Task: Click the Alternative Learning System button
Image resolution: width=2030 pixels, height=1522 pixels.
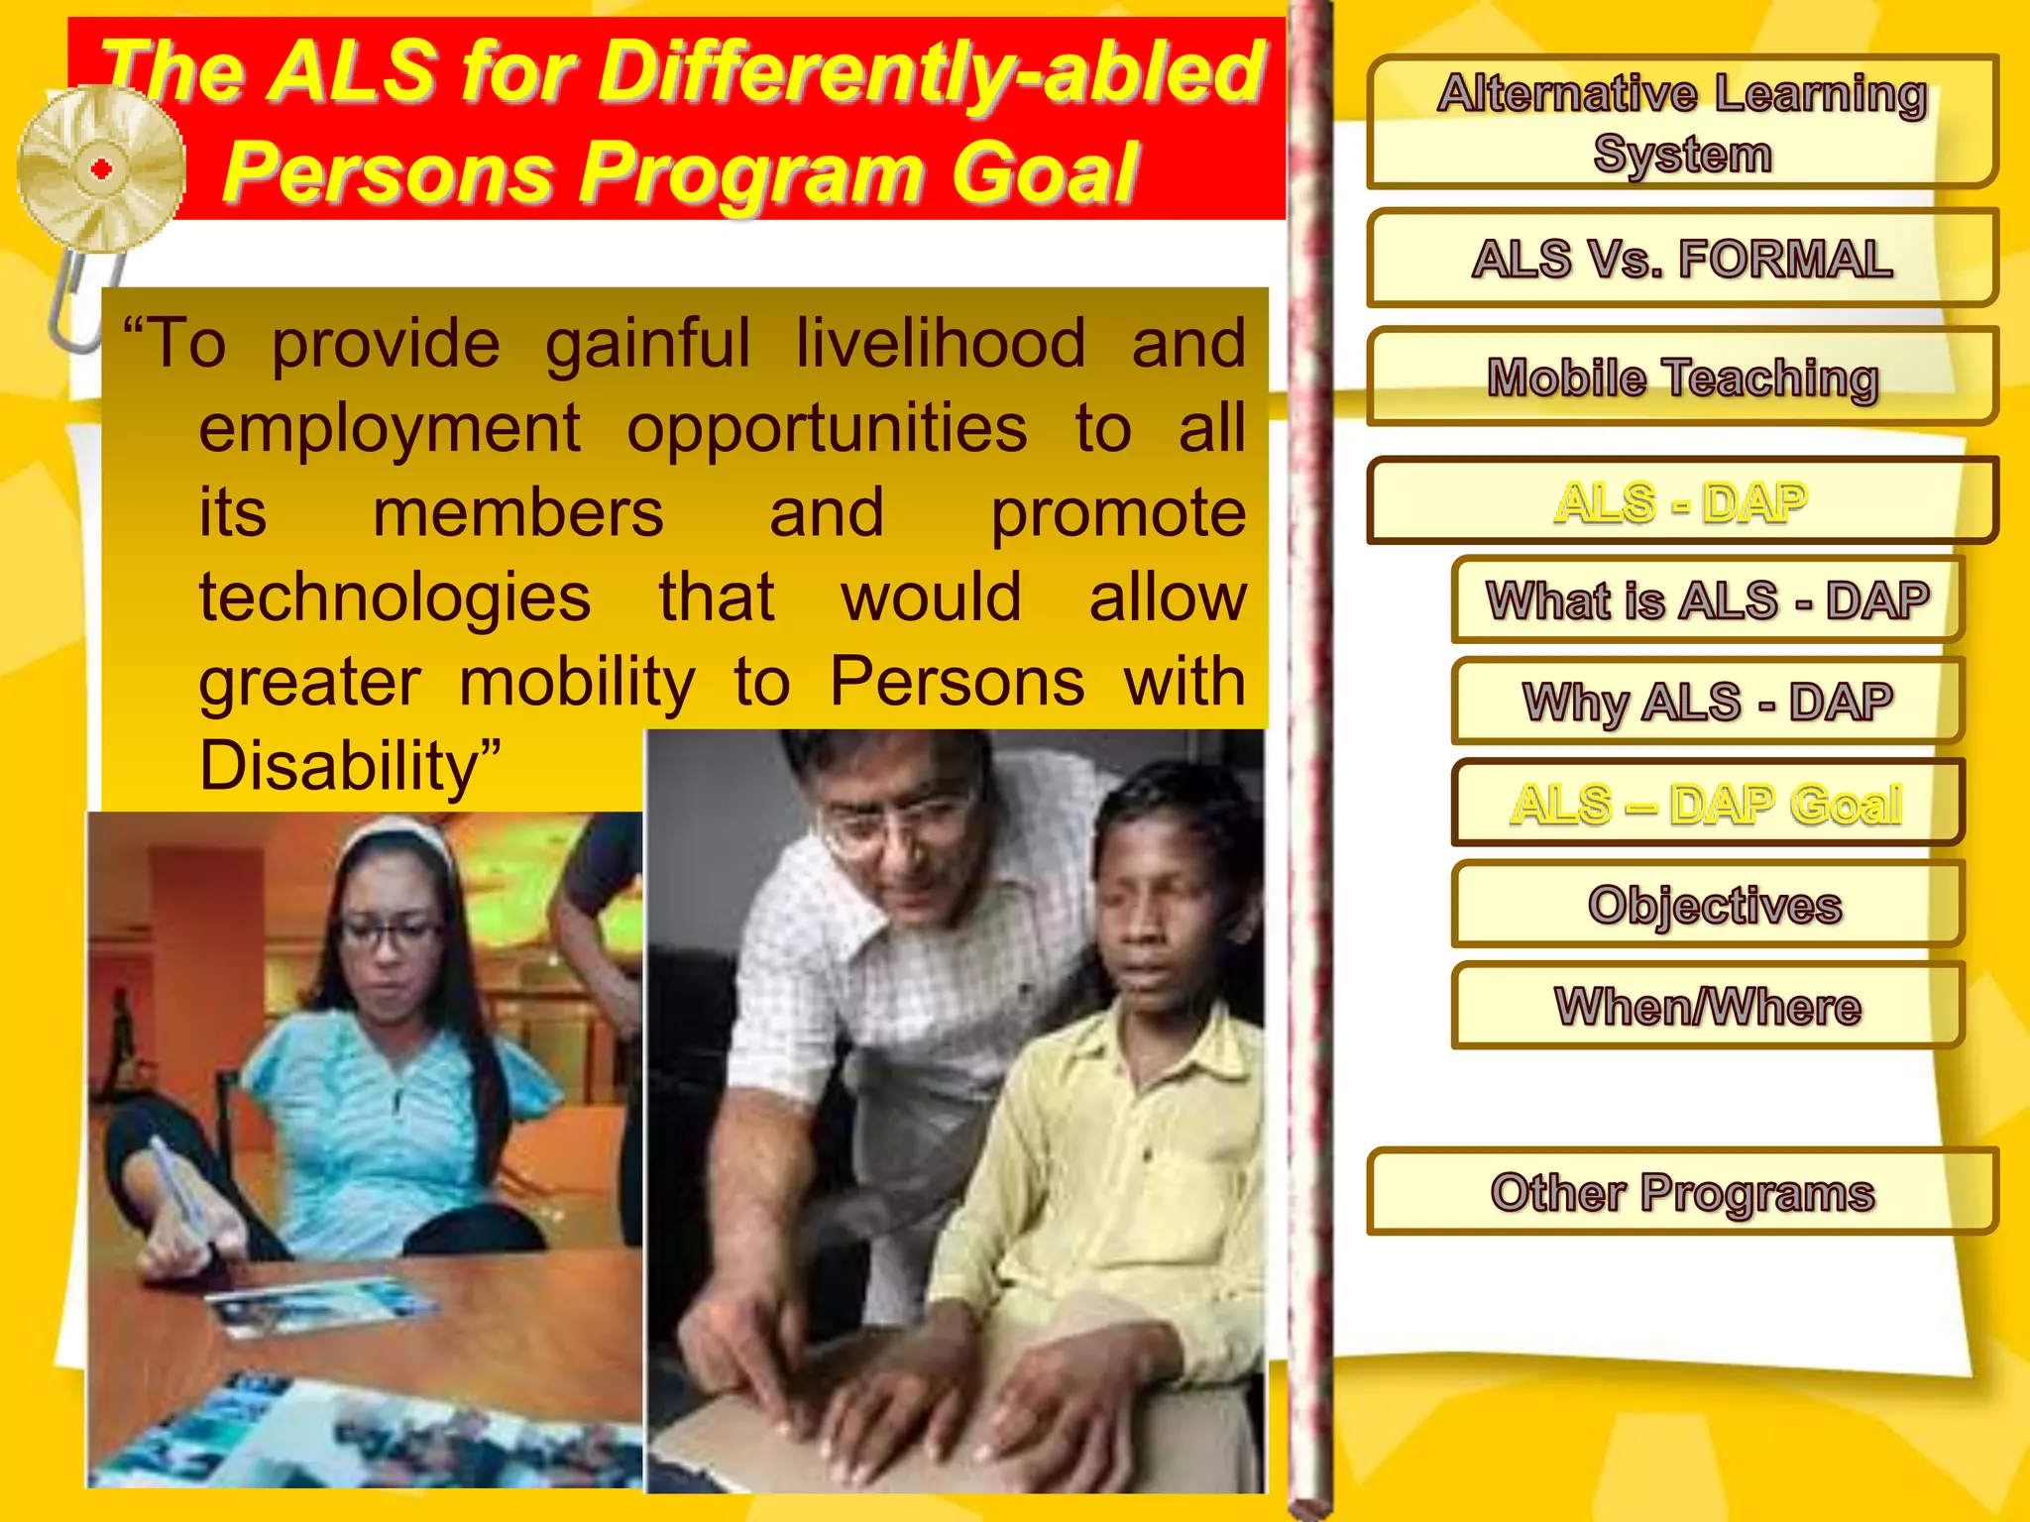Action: [x=1681, y=122]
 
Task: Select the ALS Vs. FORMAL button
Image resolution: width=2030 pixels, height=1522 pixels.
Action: [x=1681, y=259]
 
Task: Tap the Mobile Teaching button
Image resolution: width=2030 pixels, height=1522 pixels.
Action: [x=1681, y=378]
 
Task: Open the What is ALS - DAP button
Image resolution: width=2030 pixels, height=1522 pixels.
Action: [x=1707, y=600]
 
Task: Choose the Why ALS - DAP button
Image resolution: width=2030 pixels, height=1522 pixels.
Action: [x=1707, y=702]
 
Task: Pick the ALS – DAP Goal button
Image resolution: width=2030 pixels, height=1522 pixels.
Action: [x=1707, y=804]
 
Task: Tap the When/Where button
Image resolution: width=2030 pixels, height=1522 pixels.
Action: [x=1707, y=1007]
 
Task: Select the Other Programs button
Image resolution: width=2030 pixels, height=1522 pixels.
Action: [x=1681, y=1192]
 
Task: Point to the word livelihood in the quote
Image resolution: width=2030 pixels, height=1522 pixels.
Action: [x=940, y=344]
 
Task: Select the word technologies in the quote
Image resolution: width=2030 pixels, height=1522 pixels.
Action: [x=395, y=598]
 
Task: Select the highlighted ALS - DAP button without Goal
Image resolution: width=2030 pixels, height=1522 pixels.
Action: [x=1681, y=501]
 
